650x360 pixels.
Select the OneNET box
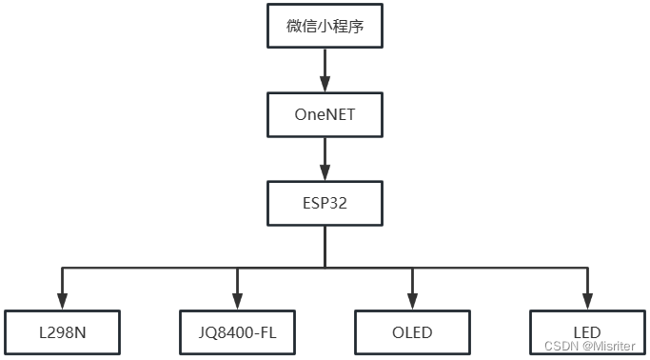325,115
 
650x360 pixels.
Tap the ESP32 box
325,203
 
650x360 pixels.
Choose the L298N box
62,332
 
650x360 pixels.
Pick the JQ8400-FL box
237,332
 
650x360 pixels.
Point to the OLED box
412,332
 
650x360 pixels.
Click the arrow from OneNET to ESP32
325,158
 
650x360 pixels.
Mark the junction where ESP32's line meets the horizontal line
325,268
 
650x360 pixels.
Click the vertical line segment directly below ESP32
325,248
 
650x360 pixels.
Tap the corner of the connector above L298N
62,268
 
